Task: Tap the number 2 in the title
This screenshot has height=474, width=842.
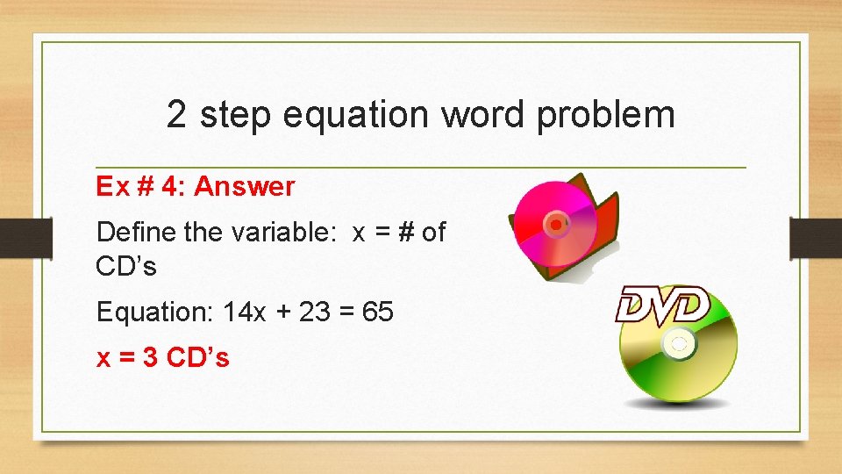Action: coord(176,115)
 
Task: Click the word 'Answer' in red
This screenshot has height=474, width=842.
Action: coord(245,186)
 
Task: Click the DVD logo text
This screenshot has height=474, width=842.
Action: coord(661,305)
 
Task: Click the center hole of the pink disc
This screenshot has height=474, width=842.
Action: coord(554,226)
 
